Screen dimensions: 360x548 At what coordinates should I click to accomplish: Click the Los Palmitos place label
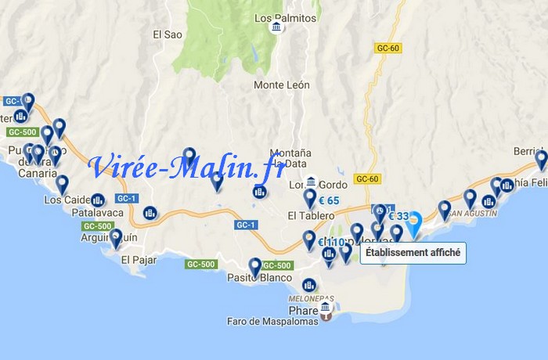coord(286,17)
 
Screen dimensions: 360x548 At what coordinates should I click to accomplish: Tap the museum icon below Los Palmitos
coord(276,29)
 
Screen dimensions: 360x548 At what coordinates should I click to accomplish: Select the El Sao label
coord(168,34)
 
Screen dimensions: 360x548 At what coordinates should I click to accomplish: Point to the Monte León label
coord(281,85)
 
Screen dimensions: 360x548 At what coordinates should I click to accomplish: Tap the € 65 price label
coord(329,200)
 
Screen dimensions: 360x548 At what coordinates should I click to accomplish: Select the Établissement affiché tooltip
coord(413,254)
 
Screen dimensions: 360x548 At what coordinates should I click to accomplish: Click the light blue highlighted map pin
coord(415,221)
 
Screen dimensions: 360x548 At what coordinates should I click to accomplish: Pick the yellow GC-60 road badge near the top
coord(388,48)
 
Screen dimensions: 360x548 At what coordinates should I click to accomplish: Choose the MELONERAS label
coord(312,299)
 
